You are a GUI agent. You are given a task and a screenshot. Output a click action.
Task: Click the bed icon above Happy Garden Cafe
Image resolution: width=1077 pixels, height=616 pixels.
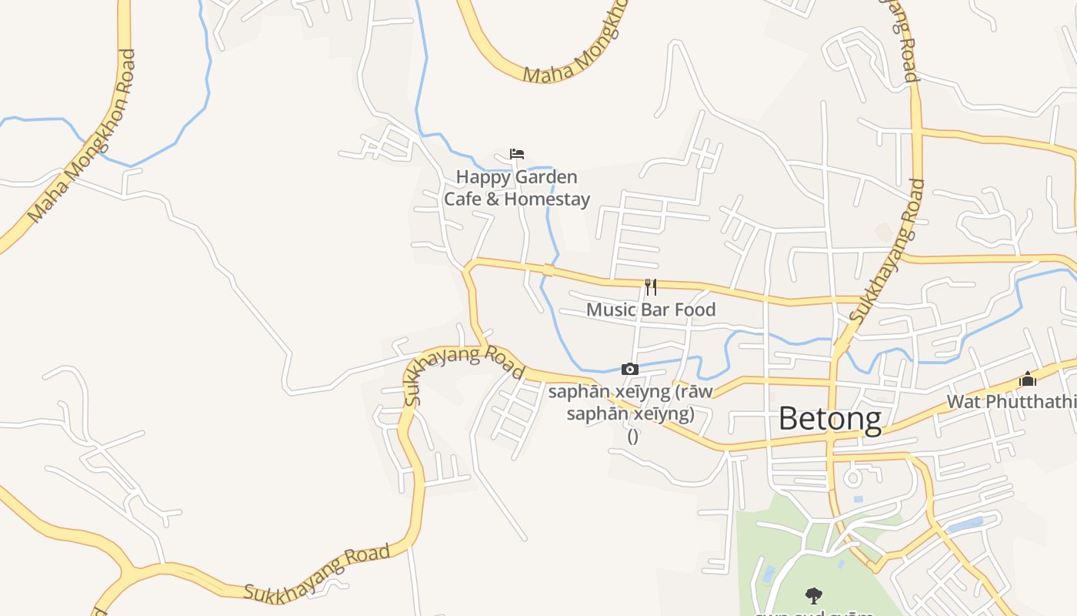click(517, 154)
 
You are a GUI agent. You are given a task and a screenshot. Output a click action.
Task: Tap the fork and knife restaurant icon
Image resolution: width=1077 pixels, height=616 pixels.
click(651, 287)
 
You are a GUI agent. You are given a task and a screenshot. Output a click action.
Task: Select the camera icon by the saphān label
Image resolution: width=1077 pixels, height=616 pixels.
click(629, 370)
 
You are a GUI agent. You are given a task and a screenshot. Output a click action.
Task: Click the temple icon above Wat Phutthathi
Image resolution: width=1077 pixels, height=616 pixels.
click(1028, 379)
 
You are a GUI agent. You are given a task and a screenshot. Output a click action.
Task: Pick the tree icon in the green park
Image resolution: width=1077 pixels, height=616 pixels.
click(813, 595)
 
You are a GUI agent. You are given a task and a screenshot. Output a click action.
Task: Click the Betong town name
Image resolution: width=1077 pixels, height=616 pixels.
click(830, 419)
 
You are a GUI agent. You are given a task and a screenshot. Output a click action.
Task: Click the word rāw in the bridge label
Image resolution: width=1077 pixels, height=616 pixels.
click(696, 391)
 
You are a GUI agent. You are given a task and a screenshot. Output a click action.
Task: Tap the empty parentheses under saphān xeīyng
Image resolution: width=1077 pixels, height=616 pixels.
click(632, 437)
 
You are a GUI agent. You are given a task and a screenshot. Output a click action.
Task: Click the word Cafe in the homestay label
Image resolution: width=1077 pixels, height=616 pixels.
click(462, 199)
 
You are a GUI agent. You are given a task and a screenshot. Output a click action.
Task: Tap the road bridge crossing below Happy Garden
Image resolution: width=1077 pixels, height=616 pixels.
click(548, 269)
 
